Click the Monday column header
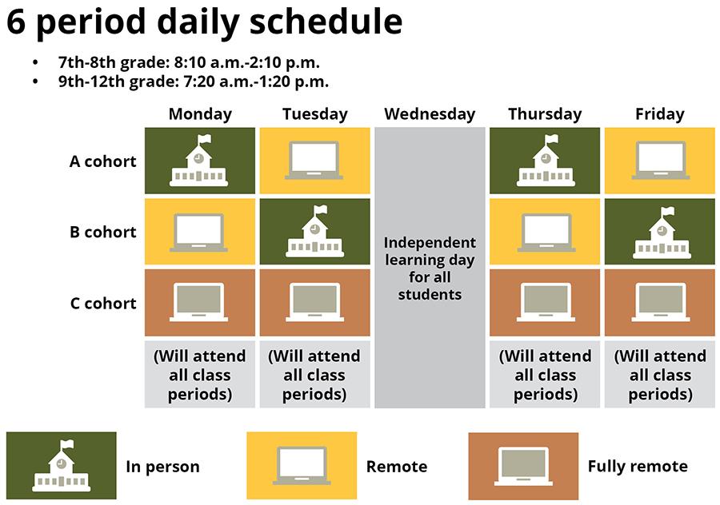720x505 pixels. tap(200, 114)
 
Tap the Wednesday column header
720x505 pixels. tap(430, 114)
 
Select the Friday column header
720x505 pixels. tap(660, 114)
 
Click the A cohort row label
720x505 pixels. tap(103, 161)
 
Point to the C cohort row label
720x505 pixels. tap(103, 303)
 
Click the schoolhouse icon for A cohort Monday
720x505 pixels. tap(199, 160)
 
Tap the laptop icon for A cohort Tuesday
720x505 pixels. tap(314, 160)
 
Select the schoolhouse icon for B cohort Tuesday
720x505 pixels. tap(315, 231)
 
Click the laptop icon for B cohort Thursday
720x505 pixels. tap(546, 233)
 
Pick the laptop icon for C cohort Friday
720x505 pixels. tap(660, 302)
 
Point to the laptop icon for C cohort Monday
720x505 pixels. tap(199, 302)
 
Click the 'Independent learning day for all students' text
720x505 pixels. tap(430, 268)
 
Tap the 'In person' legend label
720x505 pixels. tap(162, 467)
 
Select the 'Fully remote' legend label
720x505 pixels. tap(638, 467)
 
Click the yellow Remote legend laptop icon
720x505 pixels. tap(302, 466)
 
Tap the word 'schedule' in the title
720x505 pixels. tap(326, 22)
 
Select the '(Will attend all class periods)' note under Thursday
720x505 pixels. tap(545, 376)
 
